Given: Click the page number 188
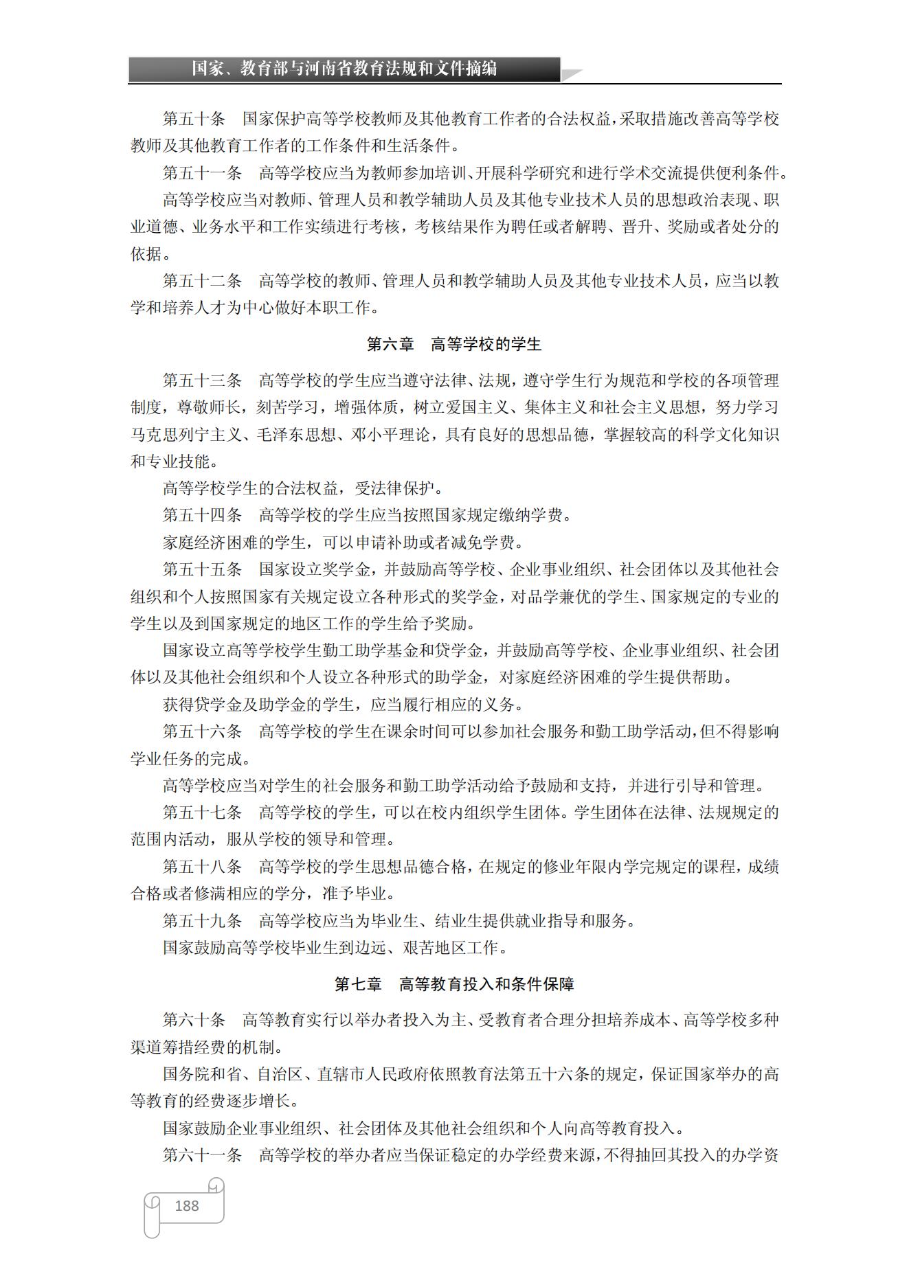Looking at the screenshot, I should pyautogui.click(x=187, y=1205).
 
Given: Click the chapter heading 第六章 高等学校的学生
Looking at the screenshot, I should pyautogui.click(x=454, y=344).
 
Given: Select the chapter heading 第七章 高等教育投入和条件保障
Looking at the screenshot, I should pyautogui.click(x=454, y=984).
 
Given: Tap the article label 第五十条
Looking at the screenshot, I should pyautogui.click(x=194, y=119).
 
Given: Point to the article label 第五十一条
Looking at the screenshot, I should pyautogui.click(x=202, y=173).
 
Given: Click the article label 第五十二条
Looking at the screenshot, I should pyautogui.click(x=202, y=281).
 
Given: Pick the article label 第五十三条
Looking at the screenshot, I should pyautogui.click(x=202, y=380).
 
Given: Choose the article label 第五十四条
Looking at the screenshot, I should pyautogui.click(x=202, y=515).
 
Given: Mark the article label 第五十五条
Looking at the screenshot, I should pyautogui.click(x=202, y=569).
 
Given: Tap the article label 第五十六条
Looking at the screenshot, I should pyautogui.click(x=202, y=731).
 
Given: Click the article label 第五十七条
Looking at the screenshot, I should pyautogui.click(x=202, y=812).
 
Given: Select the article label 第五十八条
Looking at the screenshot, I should pyautogui.click(x=202, y=867).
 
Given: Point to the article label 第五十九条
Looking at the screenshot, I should pyautogui.click(x=202, y=921).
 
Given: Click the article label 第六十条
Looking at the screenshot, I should pyautogui.click(x=194, y=1020).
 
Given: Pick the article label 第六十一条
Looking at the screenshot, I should pyautogui.click(x=202, y=1155).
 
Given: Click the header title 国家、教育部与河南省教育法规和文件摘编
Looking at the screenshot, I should pyautogui.click(x=344, y=69).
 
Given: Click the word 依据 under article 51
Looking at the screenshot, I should pyautogui.click(x=146, y=254).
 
